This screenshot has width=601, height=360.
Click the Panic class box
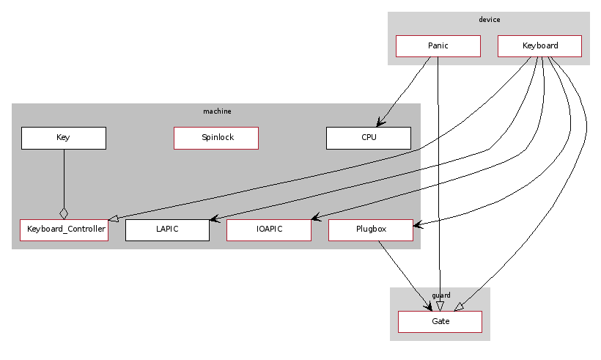(x=438, y=45)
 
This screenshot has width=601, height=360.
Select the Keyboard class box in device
(x=539, y=45)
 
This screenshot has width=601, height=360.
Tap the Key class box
(x=63, y=138)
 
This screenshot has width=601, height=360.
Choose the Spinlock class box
(x=216, y=138)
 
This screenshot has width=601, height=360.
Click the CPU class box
(x=368, y=138)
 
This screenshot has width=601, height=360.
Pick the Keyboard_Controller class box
(x=64, y=230)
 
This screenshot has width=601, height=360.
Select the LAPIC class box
(x=167, y=230)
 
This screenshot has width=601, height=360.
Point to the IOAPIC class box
(x=268, y=230)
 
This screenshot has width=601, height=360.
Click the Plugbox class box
(x=370, y=230)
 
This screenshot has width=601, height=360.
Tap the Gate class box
(x=440, y=321)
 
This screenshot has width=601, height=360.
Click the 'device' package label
(x=489, y=20)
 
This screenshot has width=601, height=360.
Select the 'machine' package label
(x=217, y=111)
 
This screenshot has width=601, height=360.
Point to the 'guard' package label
(x=441, y=295)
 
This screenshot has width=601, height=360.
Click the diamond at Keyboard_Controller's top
(x=64, y=213)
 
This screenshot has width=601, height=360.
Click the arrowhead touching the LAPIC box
(x=214, y=219)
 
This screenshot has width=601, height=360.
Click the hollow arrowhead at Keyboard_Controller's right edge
(x=114, y=219)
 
